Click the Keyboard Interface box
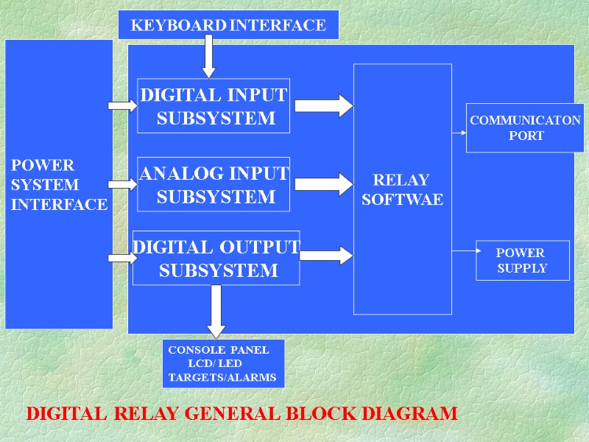(228, 25)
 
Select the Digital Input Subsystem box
(214, 105)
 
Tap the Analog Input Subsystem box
(214, 184)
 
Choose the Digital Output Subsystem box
(216, 258)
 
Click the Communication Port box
(526, 127)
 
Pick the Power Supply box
(523, 260)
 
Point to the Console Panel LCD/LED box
(222, 363)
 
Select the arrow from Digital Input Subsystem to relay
(326, 105)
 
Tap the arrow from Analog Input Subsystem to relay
(326, 183)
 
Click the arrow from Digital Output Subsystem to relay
(326, 256)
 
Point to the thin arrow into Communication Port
(459, 133)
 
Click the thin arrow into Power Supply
(463, 250)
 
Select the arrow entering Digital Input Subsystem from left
(122, 106)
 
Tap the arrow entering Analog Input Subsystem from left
(122, 184)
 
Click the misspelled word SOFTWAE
(402, 200)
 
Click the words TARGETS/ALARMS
(222, 378)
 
